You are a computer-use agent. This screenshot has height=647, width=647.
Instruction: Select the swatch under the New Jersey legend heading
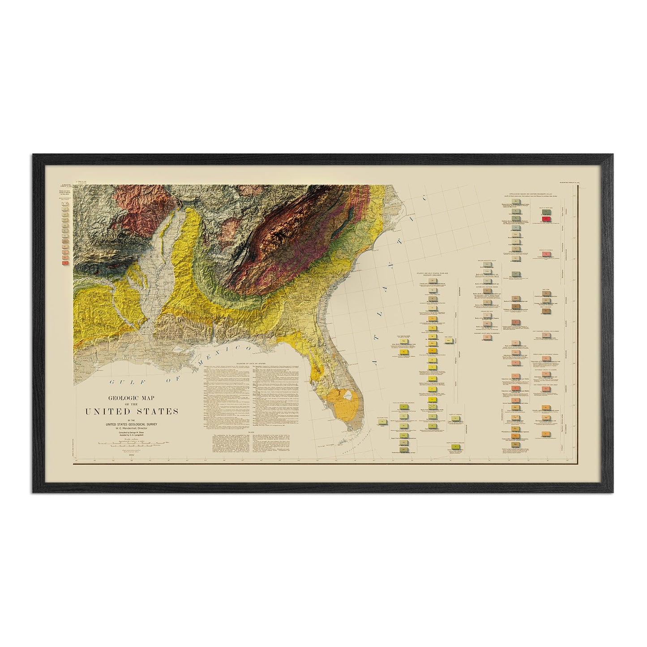pos(450,341)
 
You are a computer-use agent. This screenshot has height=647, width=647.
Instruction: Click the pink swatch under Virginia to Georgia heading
pos(546,254)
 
